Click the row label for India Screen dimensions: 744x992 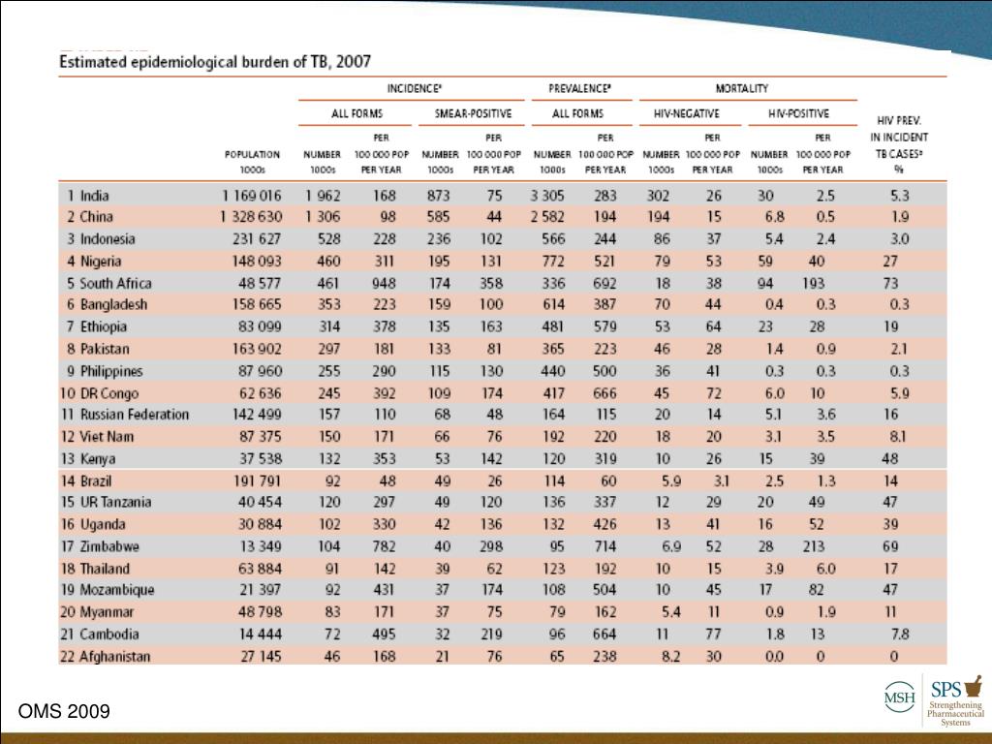click(94, 196)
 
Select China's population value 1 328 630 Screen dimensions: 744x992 click(253, 217)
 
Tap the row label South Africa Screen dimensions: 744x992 click(115, 283)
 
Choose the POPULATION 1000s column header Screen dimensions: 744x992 click(252, 161)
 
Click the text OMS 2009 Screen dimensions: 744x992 click(64, 713)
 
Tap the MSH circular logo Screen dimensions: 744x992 click(898, 698)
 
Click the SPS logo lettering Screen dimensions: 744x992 click(946, 689)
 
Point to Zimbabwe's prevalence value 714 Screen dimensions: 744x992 click(604, 546)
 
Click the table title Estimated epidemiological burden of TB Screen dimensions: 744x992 click(215, 61)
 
